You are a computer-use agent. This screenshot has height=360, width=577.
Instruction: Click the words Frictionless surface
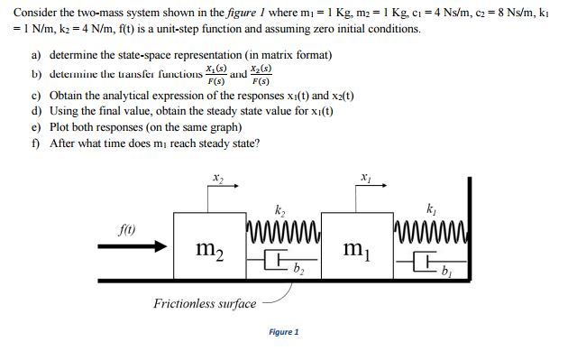tap(206, 303)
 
